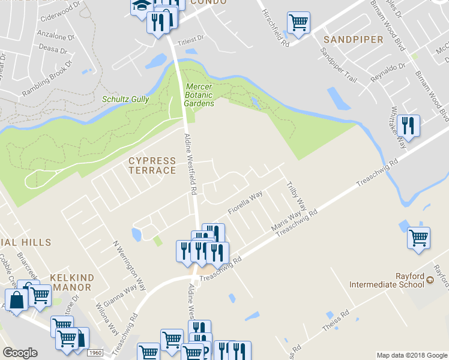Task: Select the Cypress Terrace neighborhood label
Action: click(x=152, y=166)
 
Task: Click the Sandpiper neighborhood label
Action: click(x=353, y=40)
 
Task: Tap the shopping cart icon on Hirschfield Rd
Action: click(x=298, y=23)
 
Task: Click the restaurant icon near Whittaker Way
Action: click(x=408, y=125)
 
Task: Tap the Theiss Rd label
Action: click(x=337, y=320)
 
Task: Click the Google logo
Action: click(x=20, y=353)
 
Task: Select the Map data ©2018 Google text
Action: click(x=411, y=355)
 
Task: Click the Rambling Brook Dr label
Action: click(x=47, y=79)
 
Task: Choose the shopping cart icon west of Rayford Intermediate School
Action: click(x=418, y=238)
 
